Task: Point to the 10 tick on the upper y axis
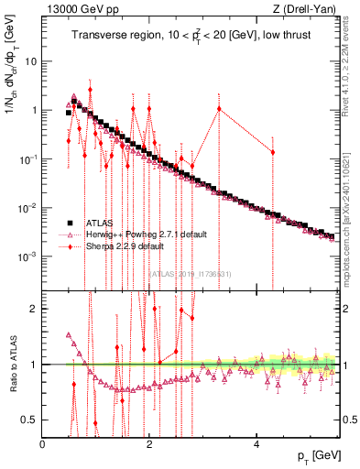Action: click(30, 61)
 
